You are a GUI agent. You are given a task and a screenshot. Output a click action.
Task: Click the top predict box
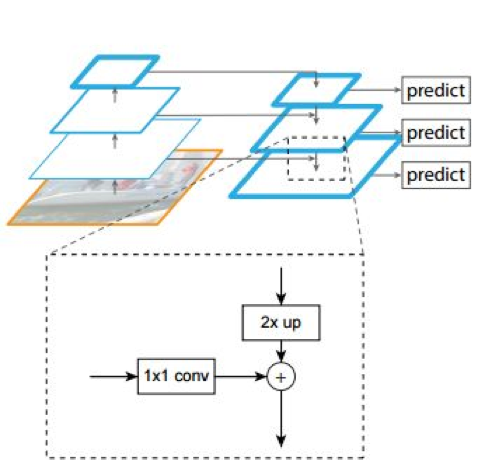coord(436,90)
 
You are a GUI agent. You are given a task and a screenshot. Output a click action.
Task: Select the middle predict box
coord(436,132)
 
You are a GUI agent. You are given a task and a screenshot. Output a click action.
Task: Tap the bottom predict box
coord(436,175)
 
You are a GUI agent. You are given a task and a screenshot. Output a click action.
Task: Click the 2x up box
coord(281,323)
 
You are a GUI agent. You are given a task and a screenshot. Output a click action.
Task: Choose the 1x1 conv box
coord(176,376)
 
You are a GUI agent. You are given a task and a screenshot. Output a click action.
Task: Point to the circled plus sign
coord(281,377)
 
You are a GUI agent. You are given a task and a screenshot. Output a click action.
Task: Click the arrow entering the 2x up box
coord(281,286)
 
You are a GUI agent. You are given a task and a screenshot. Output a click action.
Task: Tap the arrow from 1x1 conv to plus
coord(240,376)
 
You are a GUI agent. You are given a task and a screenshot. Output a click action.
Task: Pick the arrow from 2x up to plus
coord(281,351)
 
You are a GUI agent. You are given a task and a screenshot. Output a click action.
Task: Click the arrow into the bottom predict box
coord(387,175)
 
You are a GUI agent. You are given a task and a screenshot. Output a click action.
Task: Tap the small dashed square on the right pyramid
coord(316,158)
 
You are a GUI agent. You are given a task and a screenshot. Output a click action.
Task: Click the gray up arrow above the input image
coord(115,187)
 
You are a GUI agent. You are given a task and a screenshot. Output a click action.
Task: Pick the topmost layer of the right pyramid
coord(316,89)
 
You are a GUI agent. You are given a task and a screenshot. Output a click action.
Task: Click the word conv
coord(192,376)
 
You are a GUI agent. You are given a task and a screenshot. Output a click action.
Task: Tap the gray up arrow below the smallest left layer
coord(115,95)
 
